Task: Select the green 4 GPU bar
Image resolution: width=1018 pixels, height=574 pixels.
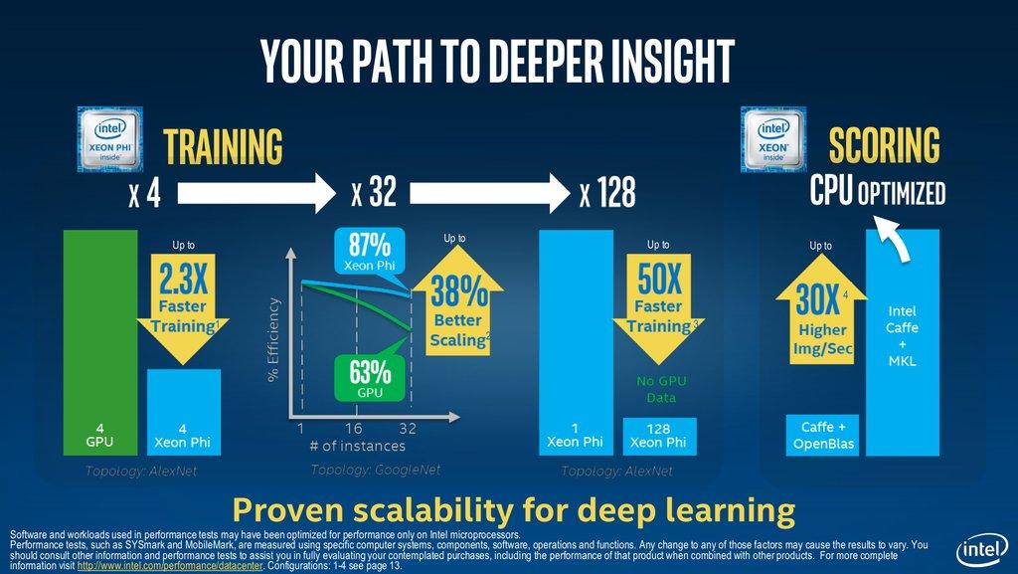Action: click(x=99, y=338)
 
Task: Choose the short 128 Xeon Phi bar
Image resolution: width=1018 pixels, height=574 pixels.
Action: click(x=659, y=436)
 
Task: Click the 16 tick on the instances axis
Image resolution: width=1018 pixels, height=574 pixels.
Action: click(x=355, y=428)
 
